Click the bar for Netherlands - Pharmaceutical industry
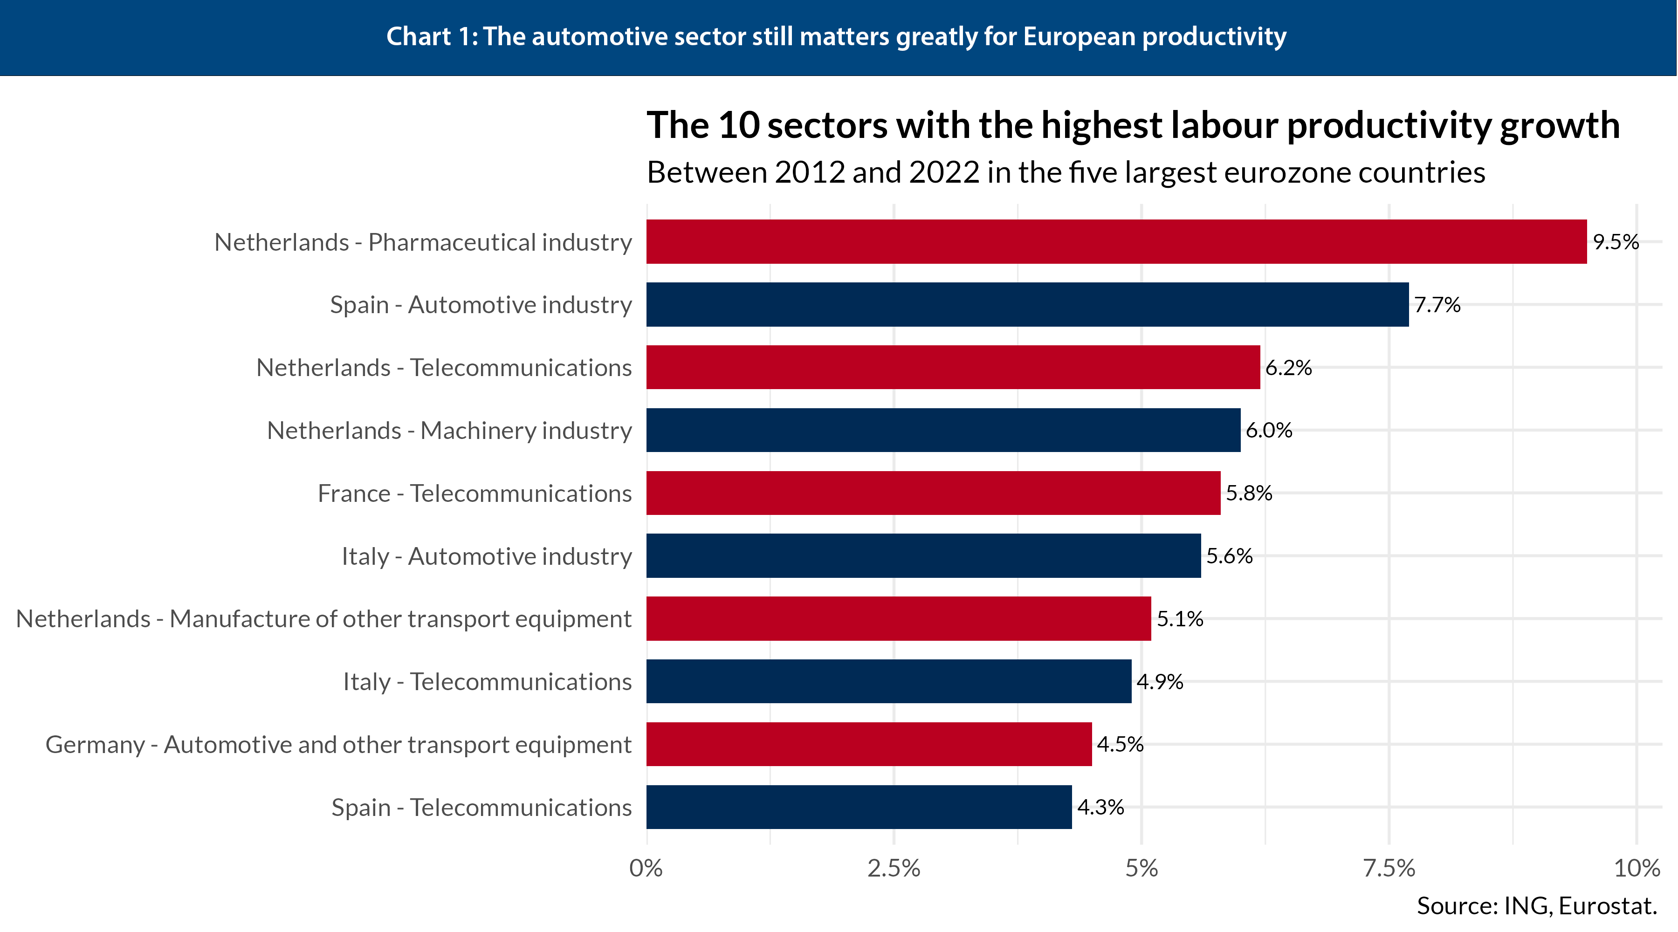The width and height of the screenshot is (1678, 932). [x=1116, y=242]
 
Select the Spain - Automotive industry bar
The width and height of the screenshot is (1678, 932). [x=1027, y=304]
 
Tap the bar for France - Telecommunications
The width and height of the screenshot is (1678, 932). [x=933, y=493]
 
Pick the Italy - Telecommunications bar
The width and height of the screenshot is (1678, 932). [x=888, y=681]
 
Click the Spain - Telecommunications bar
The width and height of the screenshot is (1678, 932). [x=859, y=807]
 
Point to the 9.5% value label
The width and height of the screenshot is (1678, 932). [x=1616, y=242]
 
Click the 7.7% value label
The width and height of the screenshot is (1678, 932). [x=1437, y=304]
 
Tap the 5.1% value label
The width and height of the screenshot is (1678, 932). [x=1180, y=619]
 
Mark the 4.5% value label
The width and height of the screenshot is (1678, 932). [x=1120, y=744]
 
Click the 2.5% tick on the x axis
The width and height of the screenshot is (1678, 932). [x=894, y=868]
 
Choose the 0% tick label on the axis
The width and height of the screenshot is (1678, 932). [x=646, y=868]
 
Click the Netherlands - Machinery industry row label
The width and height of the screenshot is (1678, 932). [x=449, y=431]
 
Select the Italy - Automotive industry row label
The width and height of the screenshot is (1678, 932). [x=486, y=556]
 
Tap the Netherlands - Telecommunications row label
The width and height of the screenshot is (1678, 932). [x=444, y=367]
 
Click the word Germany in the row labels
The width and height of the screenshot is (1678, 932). [x=95, y=744]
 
